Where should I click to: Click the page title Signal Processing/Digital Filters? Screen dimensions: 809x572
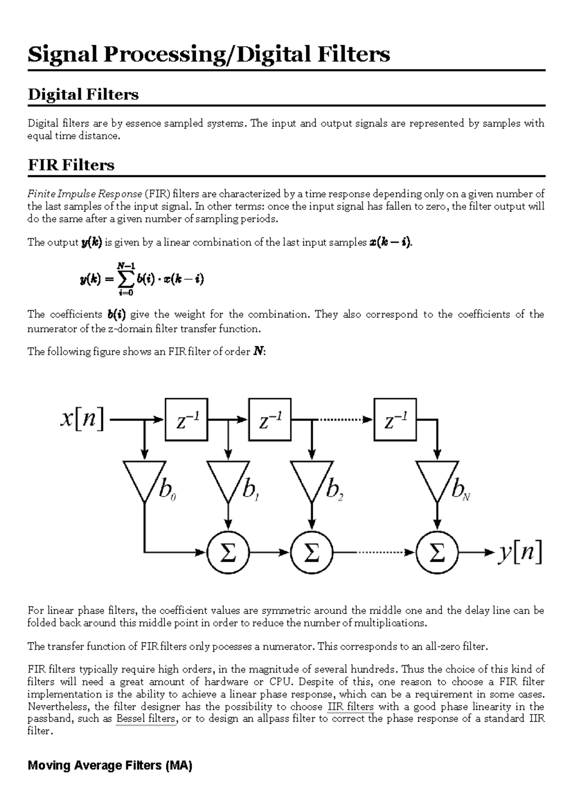[x=209, y=54]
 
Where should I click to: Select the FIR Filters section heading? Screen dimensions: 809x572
[x=71, y=165]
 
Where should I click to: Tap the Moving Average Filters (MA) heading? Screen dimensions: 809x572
[x=110, y=766]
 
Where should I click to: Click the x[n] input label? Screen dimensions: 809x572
[x=82, y=419]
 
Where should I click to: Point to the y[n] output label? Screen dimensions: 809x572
[x=520, y=553]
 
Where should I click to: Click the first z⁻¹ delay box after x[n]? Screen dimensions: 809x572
[x=186, y=419]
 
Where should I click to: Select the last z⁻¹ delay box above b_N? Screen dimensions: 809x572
[x=395, y=419]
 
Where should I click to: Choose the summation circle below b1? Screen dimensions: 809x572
[x=228, y=553]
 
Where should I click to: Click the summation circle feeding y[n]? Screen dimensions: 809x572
[x=437, y=553]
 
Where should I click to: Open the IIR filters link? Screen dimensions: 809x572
[x=351, y=707]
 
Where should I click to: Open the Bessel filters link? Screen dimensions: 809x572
[x=146, y=719]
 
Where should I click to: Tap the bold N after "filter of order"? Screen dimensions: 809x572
[x=257, y=352]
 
